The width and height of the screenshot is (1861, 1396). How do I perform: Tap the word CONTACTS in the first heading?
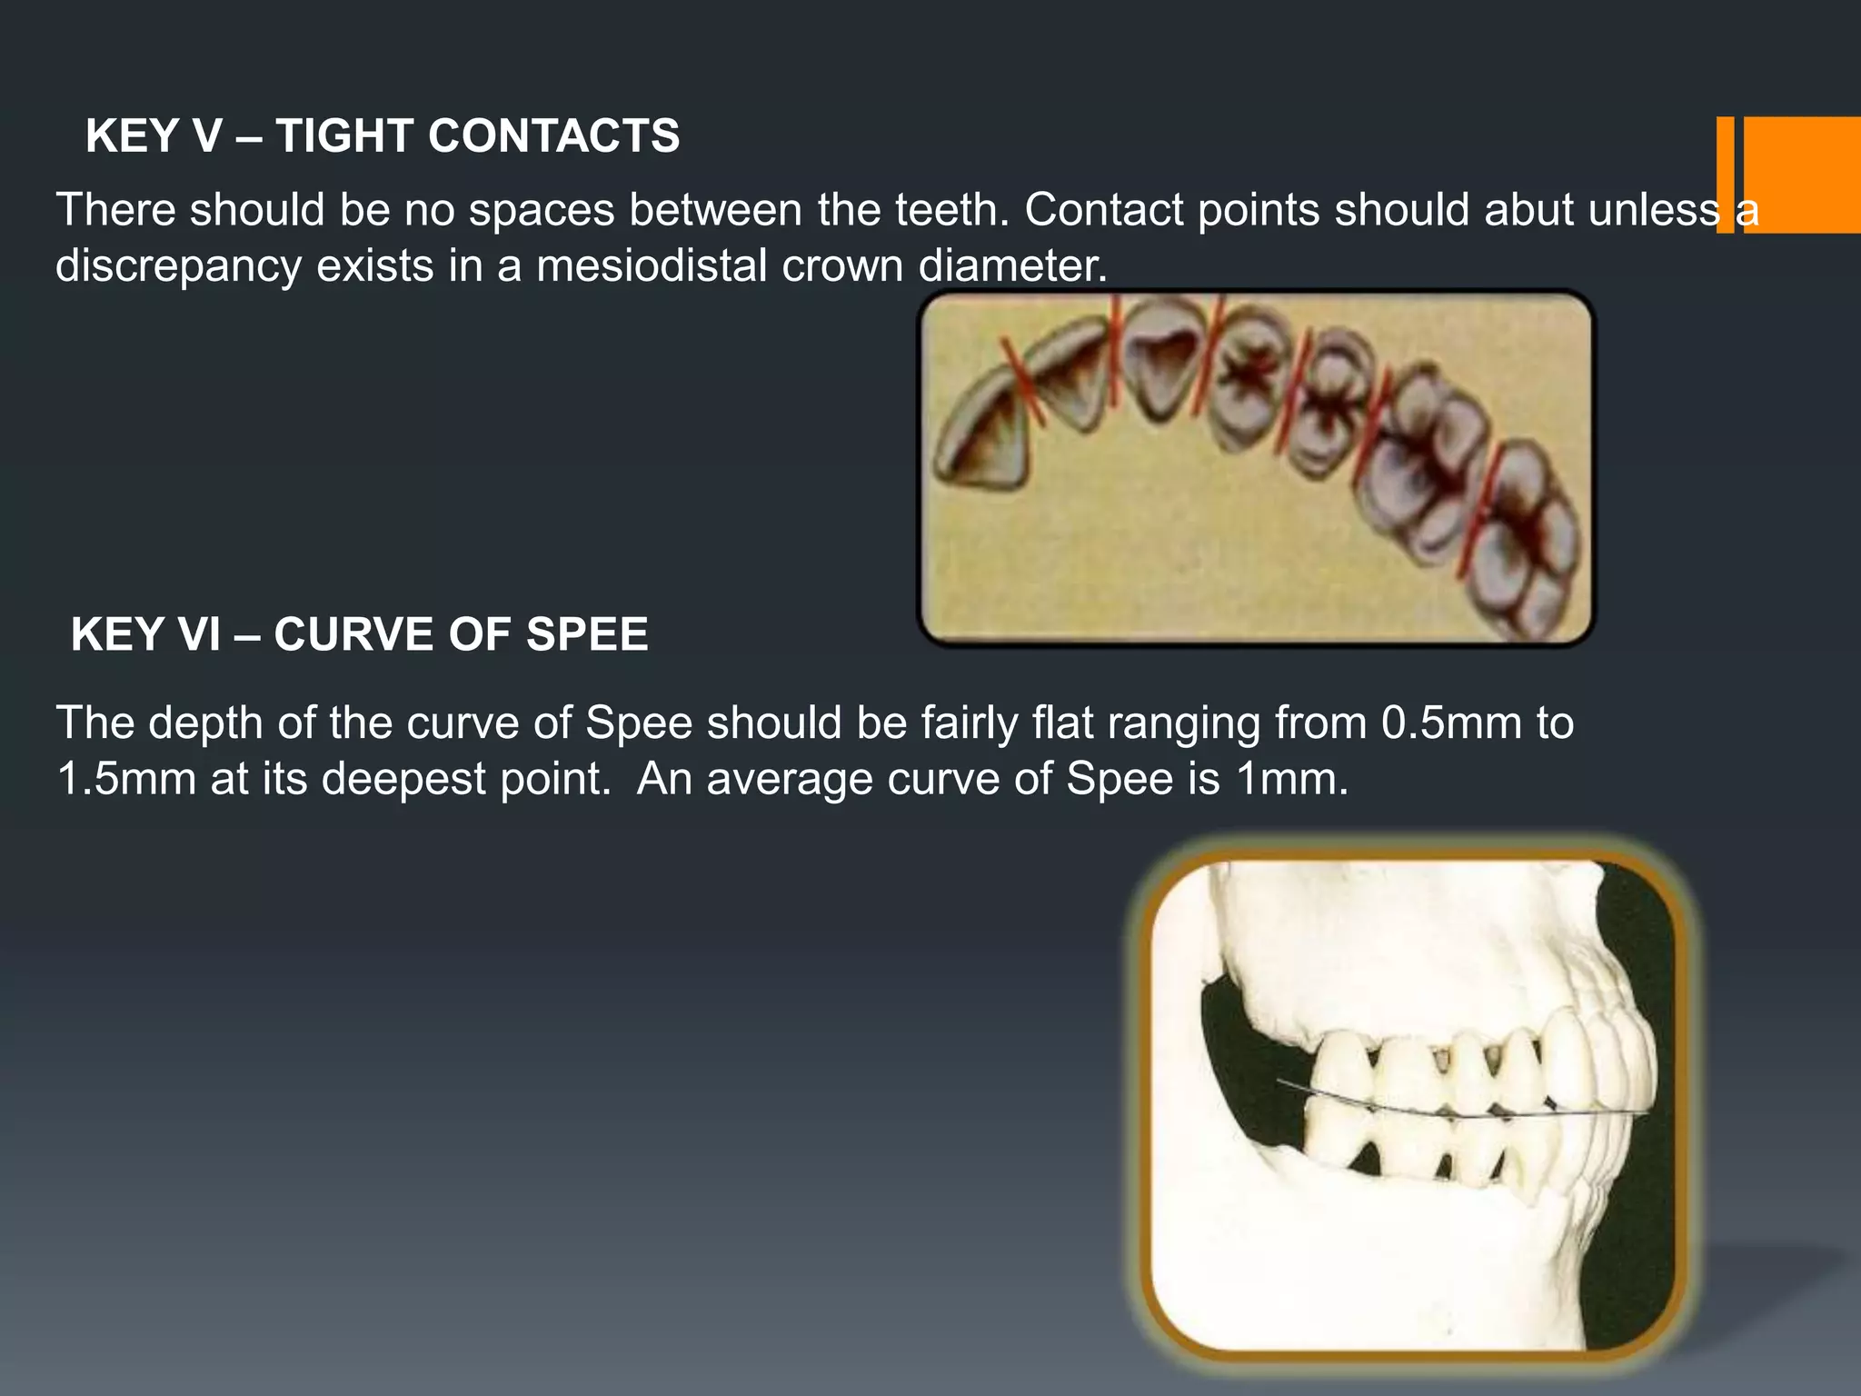point(553,136)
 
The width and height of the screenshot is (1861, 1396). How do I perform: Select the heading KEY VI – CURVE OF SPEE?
point(359,634)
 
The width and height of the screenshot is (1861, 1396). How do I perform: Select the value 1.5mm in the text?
point(126,780)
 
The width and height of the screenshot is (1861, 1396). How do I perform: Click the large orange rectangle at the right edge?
point(1802,174)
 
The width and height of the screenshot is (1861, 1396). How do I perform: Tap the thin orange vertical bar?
point(1725,174)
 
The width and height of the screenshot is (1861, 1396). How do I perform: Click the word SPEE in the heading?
point(587,634)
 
